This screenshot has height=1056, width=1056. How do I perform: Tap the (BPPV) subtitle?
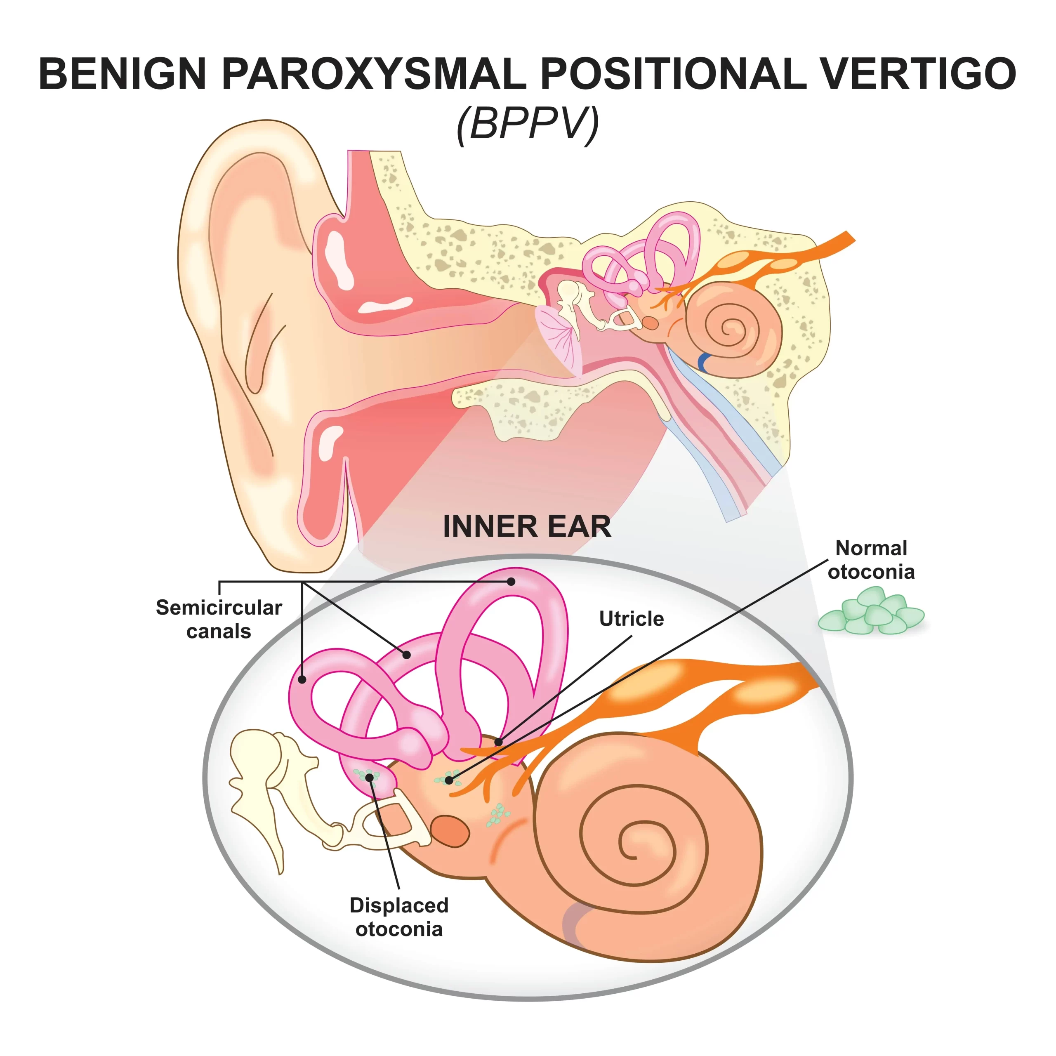point(528,124)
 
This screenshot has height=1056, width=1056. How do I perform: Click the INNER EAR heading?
point(527,526)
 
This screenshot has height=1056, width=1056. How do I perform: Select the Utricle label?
point(631,619)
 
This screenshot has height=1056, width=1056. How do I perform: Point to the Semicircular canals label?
point(219,619)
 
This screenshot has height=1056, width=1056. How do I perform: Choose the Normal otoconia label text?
point(871,560)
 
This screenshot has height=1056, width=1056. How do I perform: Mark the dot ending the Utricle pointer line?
point(498,742)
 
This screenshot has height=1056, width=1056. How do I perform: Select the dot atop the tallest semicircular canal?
point(511,582)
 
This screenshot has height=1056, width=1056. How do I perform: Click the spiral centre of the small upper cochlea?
point(728,328)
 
